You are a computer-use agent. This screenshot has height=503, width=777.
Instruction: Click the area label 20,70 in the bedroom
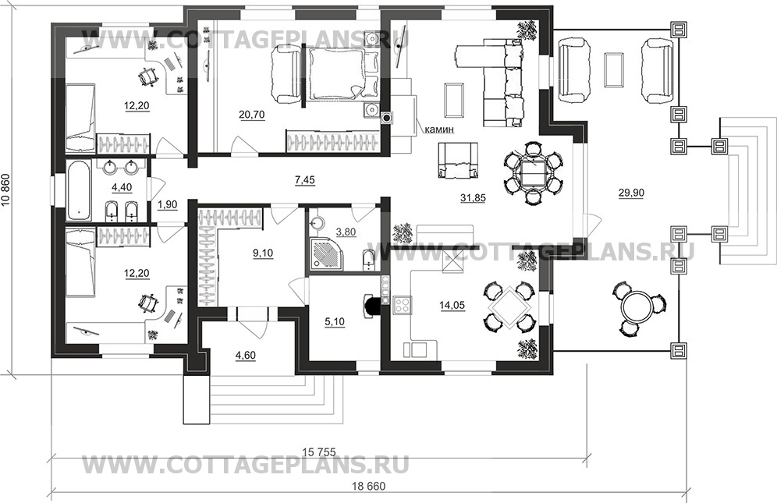point(250,115)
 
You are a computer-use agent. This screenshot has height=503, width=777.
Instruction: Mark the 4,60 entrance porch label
point(247,356)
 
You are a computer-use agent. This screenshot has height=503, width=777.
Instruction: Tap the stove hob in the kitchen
point(402,305)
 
